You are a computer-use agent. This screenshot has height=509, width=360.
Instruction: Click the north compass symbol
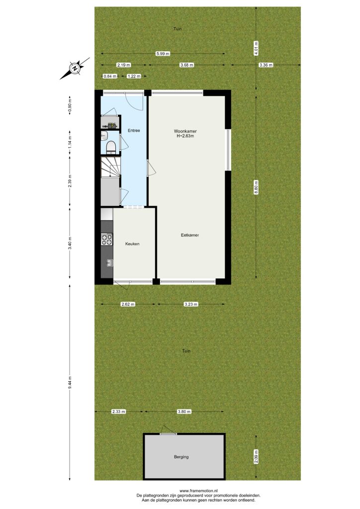coord(75,69)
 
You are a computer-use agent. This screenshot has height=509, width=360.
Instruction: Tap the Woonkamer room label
coord(185,131)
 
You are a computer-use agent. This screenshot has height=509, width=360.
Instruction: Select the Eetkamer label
coord(190,235)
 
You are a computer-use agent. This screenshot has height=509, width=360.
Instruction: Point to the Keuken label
coord(132,244)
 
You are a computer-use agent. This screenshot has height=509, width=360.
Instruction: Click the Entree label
coord(134,131)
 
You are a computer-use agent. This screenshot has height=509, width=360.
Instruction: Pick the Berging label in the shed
coord(181,457)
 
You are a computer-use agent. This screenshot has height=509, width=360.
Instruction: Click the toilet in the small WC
coord(111,147)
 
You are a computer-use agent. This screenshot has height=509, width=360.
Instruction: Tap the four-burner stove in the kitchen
coord(107,240)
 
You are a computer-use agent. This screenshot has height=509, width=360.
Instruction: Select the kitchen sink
coord(110,262)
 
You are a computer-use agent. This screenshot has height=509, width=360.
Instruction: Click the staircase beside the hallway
coord(111,167)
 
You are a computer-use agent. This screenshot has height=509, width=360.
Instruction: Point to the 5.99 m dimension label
coord(163,54)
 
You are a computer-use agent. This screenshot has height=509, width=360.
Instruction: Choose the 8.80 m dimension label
coord(256,187)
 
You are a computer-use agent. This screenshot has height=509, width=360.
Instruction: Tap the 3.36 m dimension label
coord(266,65)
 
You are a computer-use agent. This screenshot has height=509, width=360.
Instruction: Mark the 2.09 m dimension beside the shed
coord(256,456)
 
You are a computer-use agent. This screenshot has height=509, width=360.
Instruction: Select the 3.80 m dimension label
coord(184,412)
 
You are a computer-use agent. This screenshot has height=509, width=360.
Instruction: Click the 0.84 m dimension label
coord(110,76)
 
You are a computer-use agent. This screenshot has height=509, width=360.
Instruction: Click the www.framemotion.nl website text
coord(199,491)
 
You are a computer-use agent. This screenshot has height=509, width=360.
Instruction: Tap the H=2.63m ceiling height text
coord(185,136)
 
